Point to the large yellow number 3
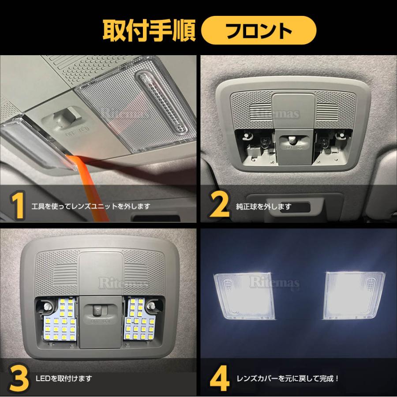pos(17,379)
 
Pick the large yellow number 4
pos(221,379)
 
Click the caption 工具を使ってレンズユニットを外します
pos(91,206)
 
